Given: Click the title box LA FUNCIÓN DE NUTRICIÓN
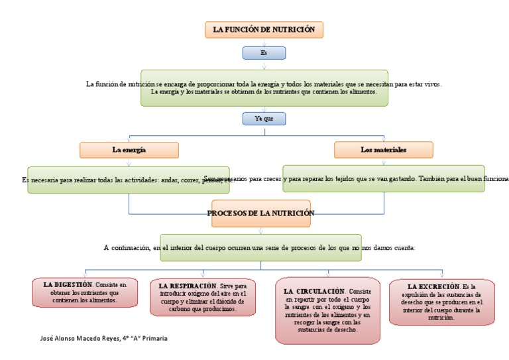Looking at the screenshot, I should pos(264,30).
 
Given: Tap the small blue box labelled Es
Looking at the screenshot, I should pos(264,52).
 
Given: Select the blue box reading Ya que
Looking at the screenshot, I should pos(264,119).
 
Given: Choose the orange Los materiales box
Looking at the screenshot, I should pos(383,150).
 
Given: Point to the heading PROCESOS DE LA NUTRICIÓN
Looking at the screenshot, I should pos(260,213).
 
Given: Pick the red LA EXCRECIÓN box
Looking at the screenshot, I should pos(441,302).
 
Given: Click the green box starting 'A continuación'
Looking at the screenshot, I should pos(260,247).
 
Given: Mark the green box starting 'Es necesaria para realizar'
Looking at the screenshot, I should pos(128,179).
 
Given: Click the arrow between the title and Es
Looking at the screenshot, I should pos(264,42).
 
